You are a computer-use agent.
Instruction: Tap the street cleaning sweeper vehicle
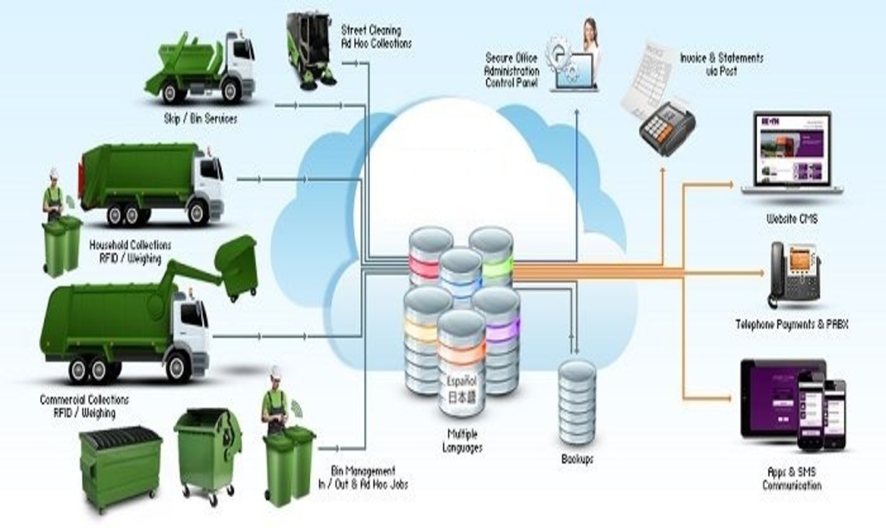coord(310,51)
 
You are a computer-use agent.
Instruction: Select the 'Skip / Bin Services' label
coord(201,119)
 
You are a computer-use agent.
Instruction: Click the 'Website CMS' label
coord(792,220)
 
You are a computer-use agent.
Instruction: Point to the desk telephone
coord(794,274)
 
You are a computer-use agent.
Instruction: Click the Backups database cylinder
coord(577,402)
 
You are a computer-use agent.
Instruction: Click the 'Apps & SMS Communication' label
coord(792,478)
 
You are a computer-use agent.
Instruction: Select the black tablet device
coord(770,397)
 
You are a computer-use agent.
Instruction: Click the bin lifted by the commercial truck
coord(234,264)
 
